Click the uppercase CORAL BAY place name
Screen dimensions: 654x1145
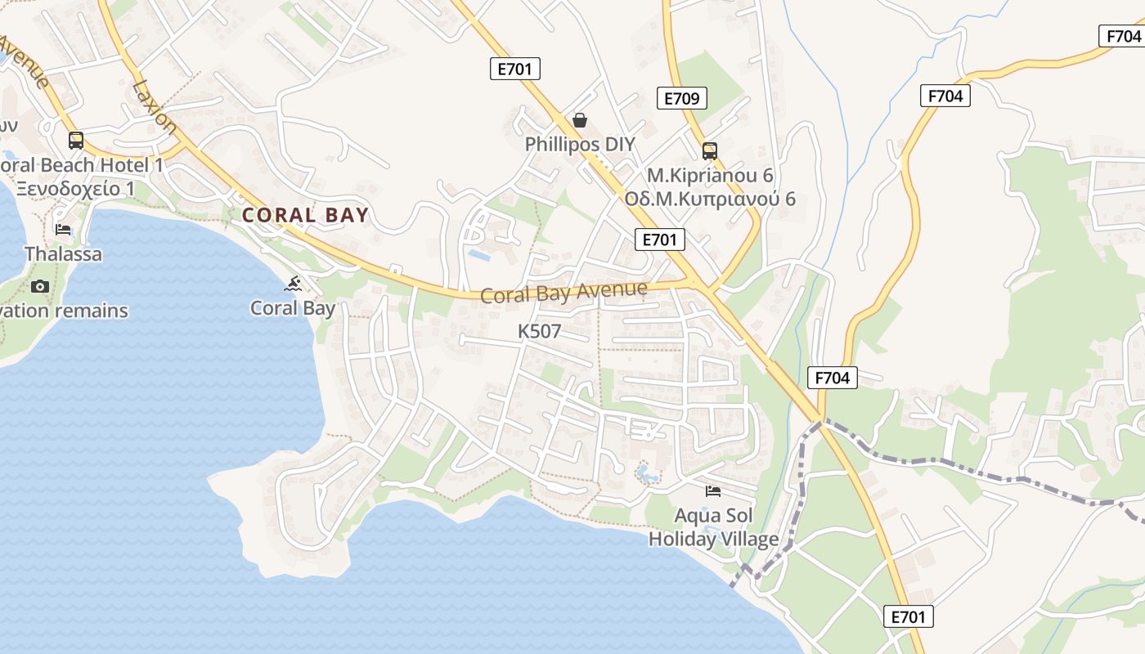(x=305, y=216)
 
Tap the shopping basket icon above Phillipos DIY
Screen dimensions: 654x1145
(x=580, y=121)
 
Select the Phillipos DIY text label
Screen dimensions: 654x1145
(x=580, y=145)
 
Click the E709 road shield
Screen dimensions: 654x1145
(x=681, y=99)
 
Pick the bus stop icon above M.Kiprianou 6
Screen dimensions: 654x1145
(x=709, y=151)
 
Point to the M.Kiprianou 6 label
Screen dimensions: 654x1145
(x=710, y=176)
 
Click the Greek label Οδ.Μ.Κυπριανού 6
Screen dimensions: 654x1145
(x=710, y=199)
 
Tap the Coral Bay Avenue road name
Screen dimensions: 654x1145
(x=564, y=292)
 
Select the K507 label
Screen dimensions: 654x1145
(x=540, y=331)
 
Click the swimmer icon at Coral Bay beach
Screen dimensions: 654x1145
(x=293, y=284)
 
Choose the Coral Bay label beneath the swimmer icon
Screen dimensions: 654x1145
(x=293, y=308)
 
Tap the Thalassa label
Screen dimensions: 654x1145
(x=64, y=254)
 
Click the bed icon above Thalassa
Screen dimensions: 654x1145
(x=63, y=230)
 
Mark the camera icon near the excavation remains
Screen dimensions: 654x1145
(x=39, y=286)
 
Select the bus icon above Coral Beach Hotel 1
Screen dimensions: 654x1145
(x=76, y=141)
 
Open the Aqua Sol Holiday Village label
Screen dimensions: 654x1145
(x=713, y=527)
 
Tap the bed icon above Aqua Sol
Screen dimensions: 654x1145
(x=713, y=491)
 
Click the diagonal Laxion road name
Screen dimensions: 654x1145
(x=155, y=106)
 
